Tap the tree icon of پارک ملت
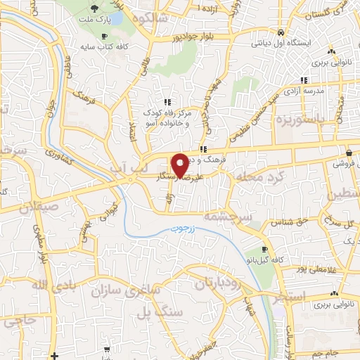[95, 8]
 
